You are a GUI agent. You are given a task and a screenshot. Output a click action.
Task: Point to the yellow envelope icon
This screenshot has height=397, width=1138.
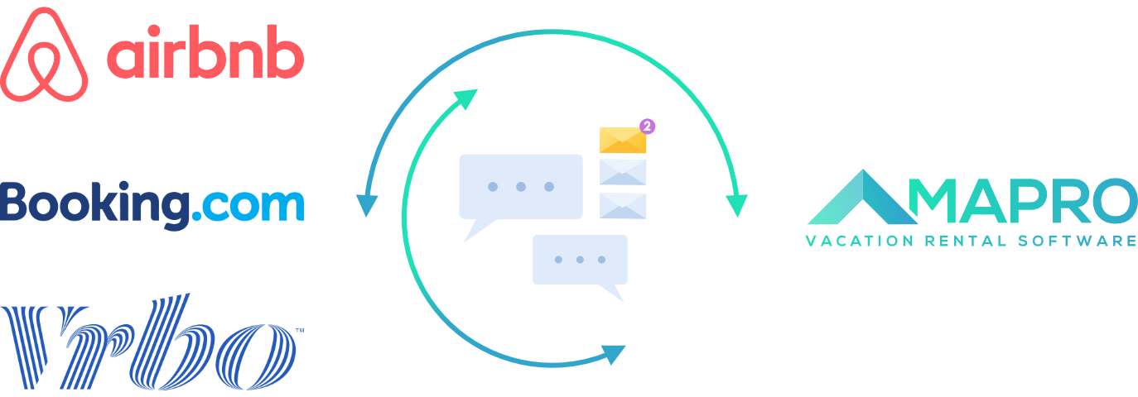pyautogui.click(x=622, y=141)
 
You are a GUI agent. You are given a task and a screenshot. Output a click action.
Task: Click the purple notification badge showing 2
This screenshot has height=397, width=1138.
pyautogui.click(x=648, y=126)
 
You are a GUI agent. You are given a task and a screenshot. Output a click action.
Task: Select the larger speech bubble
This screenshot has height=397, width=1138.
pyautogui.click(x=520, y=188)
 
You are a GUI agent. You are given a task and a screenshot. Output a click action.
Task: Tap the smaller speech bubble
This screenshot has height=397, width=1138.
pyautogui.click(x=580, y=261)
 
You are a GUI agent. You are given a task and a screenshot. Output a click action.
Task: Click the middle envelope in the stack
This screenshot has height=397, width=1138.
pyautogui.click(x=622, y=172)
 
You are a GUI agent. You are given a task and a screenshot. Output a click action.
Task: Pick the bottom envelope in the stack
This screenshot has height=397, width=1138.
pyautogui.click(x=622, y=205)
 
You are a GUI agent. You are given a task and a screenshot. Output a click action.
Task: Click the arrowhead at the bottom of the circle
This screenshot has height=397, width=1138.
pyautogui.click(x=613, y=354)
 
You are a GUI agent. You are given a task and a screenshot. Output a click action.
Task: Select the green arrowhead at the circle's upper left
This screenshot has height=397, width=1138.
pyautogui.click(x=466, y=99)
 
